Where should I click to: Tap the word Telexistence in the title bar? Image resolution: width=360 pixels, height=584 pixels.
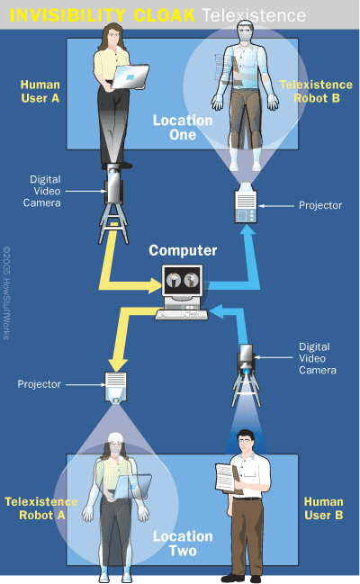pos(253,15)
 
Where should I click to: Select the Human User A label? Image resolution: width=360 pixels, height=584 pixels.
pos(40,92)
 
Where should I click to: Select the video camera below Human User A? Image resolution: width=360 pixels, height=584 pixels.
pos(115,186)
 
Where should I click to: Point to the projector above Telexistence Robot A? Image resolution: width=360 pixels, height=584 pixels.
pos(114,386)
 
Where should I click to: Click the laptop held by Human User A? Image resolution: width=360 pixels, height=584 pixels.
pos(130,79)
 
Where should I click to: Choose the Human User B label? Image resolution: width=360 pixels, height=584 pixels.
pos(323,508)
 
